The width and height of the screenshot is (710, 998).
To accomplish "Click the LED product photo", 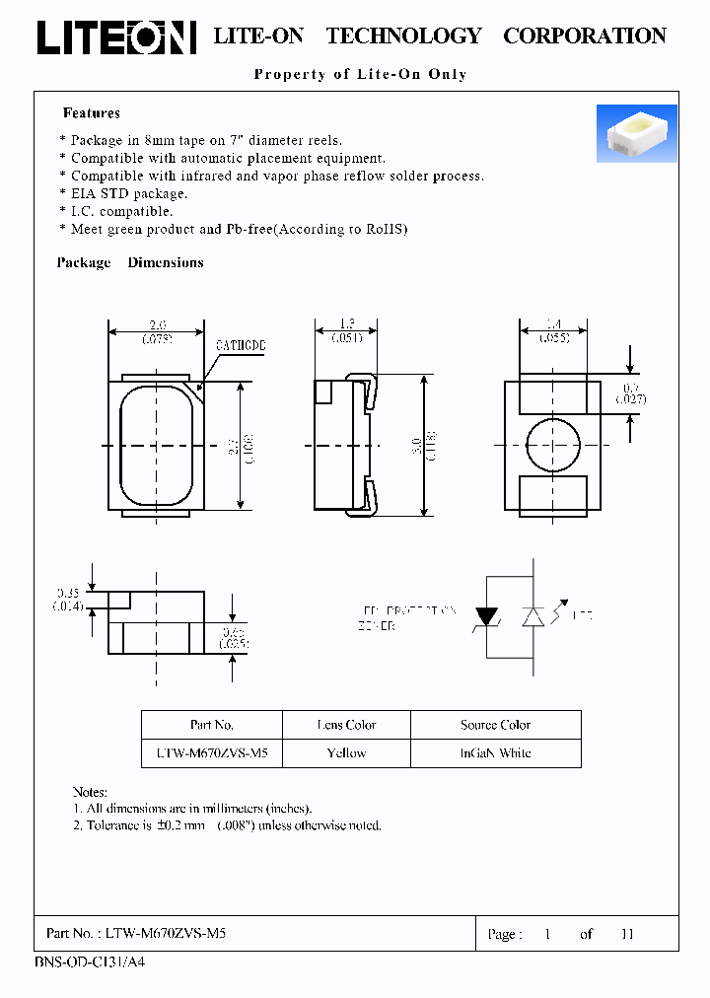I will pyautogui.click(x=636, y=133).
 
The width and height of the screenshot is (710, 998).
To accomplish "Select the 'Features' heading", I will pyautogui.click(x=91, y=113).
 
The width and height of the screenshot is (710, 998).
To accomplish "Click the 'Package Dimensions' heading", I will pyautogui.click(x=130, y=262).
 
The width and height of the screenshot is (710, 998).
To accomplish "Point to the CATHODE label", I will pyautogui.click(x=241, y=347).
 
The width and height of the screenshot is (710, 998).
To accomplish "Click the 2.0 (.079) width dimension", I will pyautogui.click(x=155, y=331).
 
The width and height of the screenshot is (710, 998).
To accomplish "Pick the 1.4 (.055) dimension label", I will pyautogui.click(x=552, y=331).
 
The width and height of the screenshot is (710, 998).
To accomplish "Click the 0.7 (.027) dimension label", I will pyautogui.click(x=630, y=392).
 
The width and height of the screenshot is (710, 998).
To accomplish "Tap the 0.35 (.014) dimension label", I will pyautogui.click(x=68, y=600).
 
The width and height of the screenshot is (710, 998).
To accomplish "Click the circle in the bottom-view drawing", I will pyautogui.click(x=552, y=446).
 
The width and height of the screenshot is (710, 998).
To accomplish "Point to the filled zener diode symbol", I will pyautogui.click(x=486, y=616).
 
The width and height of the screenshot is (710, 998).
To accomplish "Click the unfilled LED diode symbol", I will pyautogui.click(x=533, y=616).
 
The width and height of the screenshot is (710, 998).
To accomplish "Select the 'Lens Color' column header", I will pyautogui.click(x=346, y=725).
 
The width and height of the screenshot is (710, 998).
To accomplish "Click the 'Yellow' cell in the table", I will pyautogui.click(x=346, y=752).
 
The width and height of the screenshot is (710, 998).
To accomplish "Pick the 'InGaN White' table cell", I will pyautogui.click(x=495, y=752).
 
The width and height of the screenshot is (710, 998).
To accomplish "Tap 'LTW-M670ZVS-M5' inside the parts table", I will pyautogui.click(x=212, y=752).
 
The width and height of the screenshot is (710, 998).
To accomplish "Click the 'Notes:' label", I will pyautogui.click(x=90, y=792).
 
